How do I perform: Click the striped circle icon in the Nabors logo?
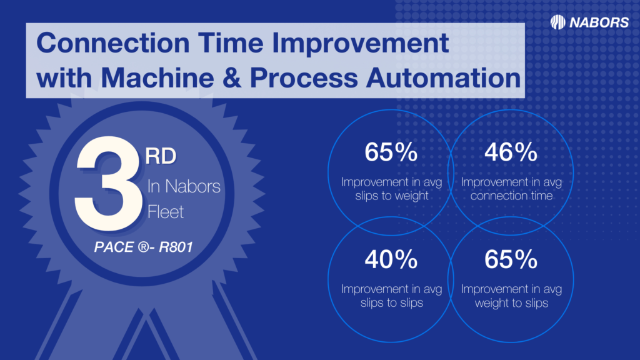(557, 22)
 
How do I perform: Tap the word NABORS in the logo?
(599, 22)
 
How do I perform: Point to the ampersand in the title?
(232, 77)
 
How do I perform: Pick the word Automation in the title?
(444, 77)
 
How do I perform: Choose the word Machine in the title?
(157, 77)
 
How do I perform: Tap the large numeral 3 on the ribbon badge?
(109, 183)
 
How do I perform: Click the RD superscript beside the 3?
(161, 156)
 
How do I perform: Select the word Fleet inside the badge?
(165, 212)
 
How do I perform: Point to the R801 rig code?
(176, 247)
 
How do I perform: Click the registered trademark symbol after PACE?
(143, 247)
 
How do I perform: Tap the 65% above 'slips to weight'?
(391, 152)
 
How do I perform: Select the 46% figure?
(511, 152)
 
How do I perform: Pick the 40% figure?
(391, 259)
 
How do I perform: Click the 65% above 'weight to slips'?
(511, 259)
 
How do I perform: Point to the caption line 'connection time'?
(511, 196)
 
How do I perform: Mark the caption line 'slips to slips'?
(392, 302)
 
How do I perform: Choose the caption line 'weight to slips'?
(511, 303)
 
